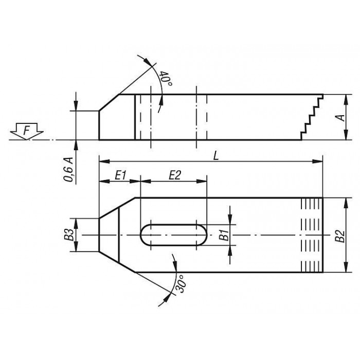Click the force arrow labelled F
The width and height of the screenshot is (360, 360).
coord(27,131)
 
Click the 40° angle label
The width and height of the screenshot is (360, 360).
coord(166,78)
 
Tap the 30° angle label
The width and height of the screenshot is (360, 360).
coord(182,283)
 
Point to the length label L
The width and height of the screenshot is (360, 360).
coord(216,156)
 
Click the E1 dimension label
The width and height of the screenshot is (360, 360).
coord(120,176)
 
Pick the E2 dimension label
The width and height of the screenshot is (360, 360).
coord(175,175)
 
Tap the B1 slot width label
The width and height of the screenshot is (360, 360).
coord(224,235)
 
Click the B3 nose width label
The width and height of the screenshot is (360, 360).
coord(69,235)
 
